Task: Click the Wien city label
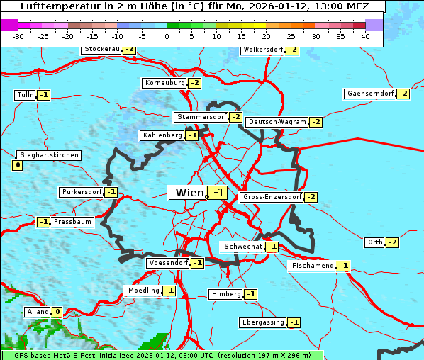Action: click(189, 193)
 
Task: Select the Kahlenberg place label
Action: click(162, 135)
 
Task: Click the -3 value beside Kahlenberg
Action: click(192, 135)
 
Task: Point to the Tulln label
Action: click(25, 95)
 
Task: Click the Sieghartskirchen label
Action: click(48, 155)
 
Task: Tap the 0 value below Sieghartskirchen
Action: click(17, 165)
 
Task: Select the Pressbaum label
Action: click(72, 222)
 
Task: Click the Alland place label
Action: click(37, 312)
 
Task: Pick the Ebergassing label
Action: click(262, 322)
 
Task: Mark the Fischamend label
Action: click(312, 266)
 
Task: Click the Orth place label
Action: click(374, 242)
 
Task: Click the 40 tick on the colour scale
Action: click(365, 36)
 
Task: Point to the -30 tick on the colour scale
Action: click(18, 36)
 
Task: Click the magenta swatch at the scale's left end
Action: click(9, 25)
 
